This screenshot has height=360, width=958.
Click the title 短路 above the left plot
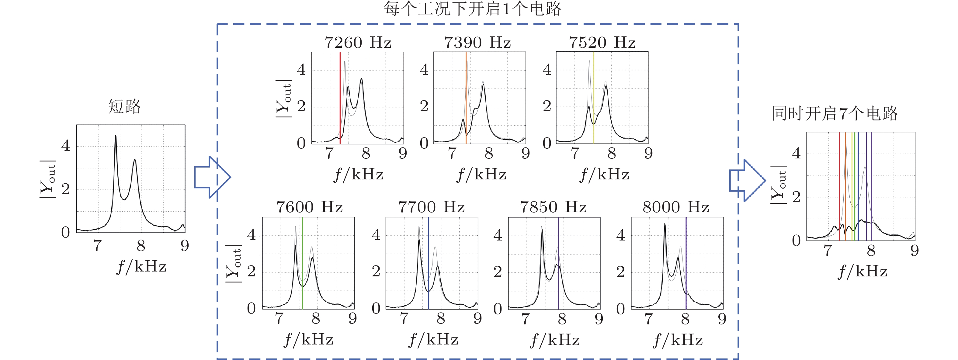(x=125, y=107)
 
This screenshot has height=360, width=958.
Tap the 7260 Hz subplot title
(x=358, y=43)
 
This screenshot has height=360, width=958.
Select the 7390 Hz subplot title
(x=477, y=43)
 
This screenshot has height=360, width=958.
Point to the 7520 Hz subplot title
(x=602, y=43)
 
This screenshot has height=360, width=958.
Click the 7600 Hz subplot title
(x=309, y=207)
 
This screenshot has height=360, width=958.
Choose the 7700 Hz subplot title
(x=431, y=207)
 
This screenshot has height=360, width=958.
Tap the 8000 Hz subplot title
(x=676, y=207)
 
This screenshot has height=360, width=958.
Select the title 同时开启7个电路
(x=835, y=113)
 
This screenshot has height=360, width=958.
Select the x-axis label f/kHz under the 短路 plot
(x=141, y=267)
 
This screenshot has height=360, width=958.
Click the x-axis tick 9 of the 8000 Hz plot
(x=722, y=319)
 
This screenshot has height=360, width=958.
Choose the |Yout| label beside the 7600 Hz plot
(x=234, y=264)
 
